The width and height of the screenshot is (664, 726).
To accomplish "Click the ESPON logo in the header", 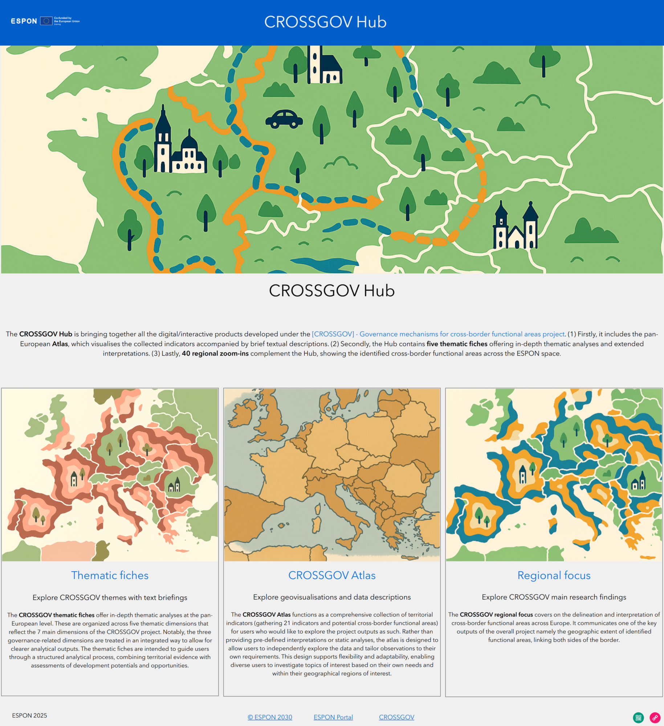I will (24, 21).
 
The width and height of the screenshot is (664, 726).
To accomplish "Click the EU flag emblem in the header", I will (46, 21).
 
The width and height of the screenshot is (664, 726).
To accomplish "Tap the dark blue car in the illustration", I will (284, 119).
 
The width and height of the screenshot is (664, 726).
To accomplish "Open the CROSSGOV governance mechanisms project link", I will (438, 334).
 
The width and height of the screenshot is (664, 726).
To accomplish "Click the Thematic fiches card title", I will (110, 575).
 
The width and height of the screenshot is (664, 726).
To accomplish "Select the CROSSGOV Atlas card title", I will (332, 575).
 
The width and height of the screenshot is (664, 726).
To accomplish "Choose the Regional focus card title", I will (554, 575).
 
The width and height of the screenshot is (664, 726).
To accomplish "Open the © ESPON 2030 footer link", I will (270, 717).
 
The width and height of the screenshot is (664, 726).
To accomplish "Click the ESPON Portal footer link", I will (333, 717).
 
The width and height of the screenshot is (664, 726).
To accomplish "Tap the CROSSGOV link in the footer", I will (396, 717).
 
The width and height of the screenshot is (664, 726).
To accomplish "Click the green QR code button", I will (638, 718).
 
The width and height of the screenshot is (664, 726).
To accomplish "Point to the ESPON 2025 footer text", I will (29, 715).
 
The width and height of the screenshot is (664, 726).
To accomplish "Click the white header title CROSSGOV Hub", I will (325, 22).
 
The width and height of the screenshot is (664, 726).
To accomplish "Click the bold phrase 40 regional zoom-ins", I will (215, 354).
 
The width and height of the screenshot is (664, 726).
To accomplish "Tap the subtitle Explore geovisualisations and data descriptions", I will (332, 597).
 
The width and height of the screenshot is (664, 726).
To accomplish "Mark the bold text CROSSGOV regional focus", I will (496, 615).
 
